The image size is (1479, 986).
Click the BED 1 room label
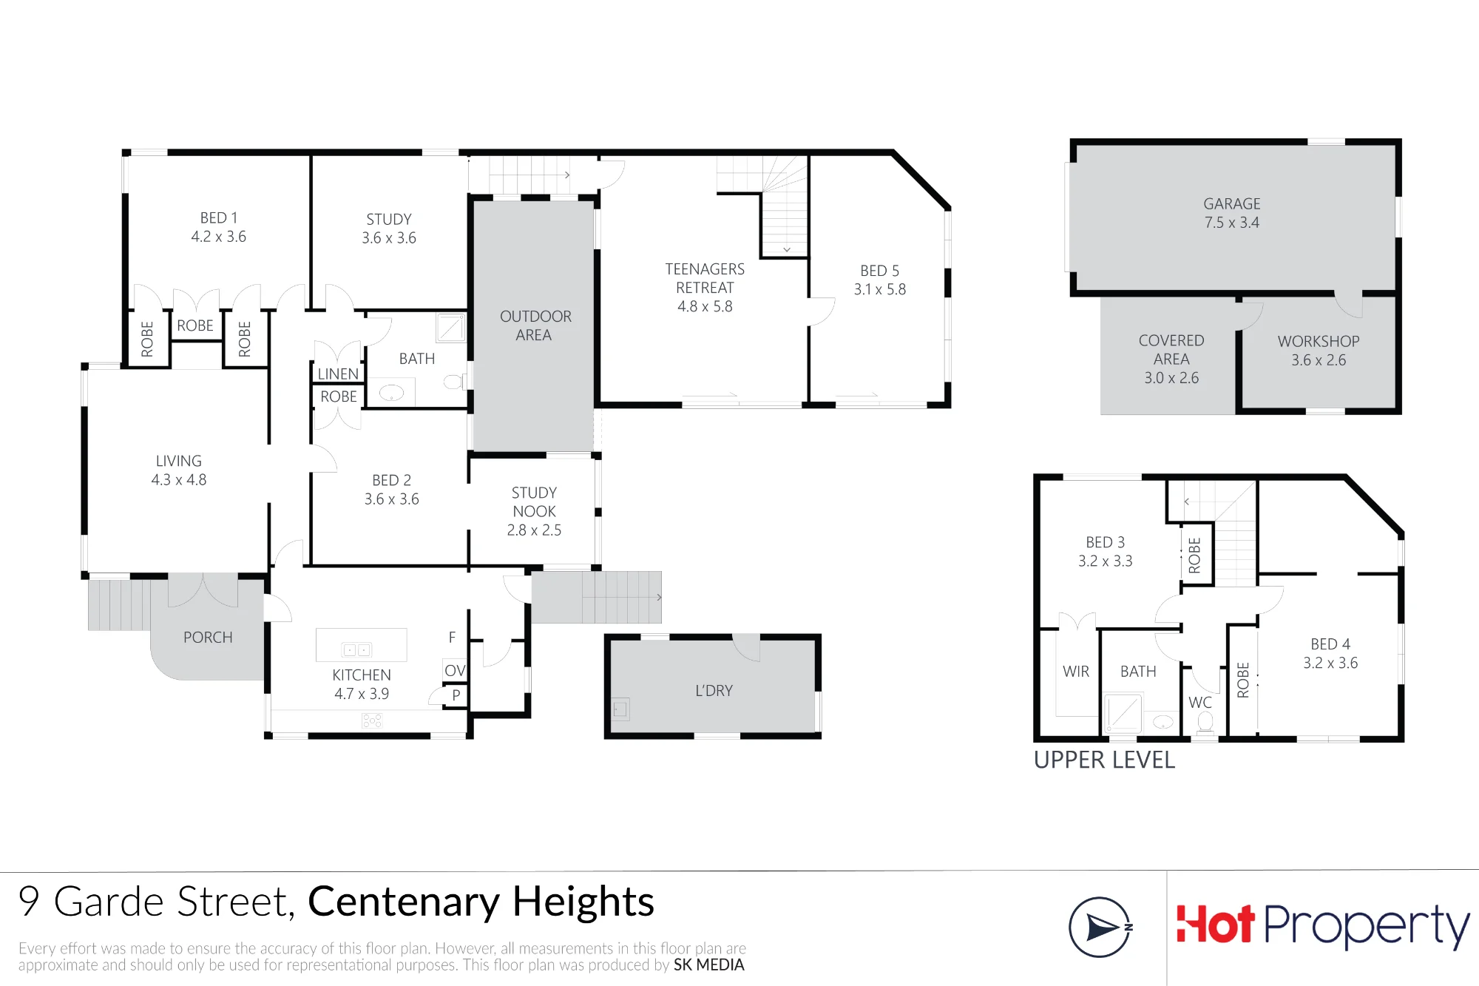click(x=219, y=218)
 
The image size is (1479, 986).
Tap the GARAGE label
click(x=1232, y=203)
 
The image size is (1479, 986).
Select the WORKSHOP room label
click(x=1319, y=342)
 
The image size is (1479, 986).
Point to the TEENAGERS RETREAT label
click(x=705, y=279)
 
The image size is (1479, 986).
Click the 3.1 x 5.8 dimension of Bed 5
click(x=880, y=290)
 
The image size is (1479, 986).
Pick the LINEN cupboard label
click(x=338, y=374)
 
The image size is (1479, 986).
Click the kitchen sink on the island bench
click(x=357, y=649)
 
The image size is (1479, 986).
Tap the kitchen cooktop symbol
click(x=372, y=720)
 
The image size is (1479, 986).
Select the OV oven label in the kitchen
click(x=455, y=671)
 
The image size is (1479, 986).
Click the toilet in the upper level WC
click(x=1205, y=721)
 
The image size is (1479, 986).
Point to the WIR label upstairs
click(x=1076, y=672)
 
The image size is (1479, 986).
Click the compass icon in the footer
click(x=1100, y=927)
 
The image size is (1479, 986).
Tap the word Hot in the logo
click(x=1215, y=925)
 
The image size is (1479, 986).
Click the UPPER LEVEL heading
click(x=1104, y=760)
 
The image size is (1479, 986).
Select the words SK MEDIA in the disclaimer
click(x=708, y=965)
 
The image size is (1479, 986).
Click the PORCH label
click(x=208, y=638)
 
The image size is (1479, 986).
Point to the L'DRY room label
click(x=714, y=691)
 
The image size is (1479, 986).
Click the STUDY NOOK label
click(x=534, y=502)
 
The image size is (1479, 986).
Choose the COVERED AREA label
click(x=1171, y=350)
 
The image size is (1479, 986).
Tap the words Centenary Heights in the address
click(x=481, y=902)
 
